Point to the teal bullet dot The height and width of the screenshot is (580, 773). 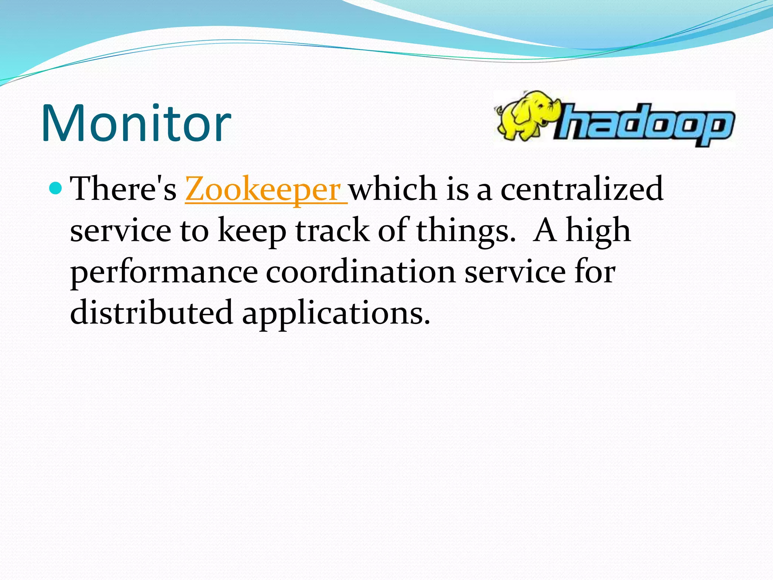55,187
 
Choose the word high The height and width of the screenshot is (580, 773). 598,231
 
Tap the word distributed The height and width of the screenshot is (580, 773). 151,313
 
